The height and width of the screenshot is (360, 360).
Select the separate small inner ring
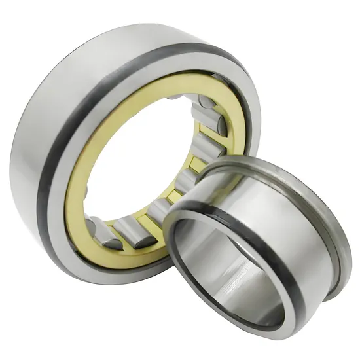pyautogui.click(x=262, y=249)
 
